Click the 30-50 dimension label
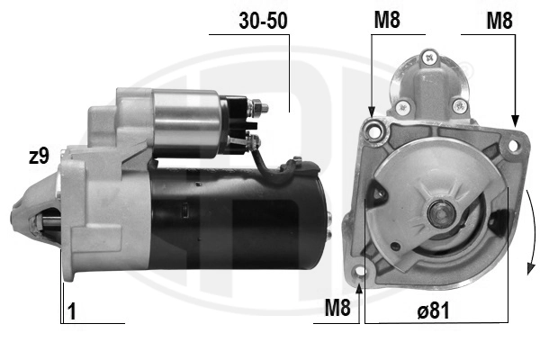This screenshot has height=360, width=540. coord(263,21)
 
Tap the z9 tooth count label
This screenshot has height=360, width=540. coord(39,156)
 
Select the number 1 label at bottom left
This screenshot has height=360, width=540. coord(72,311)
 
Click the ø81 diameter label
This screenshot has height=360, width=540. coord(433,310)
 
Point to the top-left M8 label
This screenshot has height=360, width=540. coord(387,20)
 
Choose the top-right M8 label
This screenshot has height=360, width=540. coord(499,21)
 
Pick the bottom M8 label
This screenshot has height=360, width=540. coord(337,307)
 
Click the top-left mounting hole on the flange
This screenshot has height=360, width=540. coord(374,131)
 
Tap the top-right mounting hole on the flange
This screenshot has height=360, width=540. coord(513,146)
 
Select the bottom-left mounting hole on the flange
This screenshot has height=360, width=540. coord(359,271)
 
